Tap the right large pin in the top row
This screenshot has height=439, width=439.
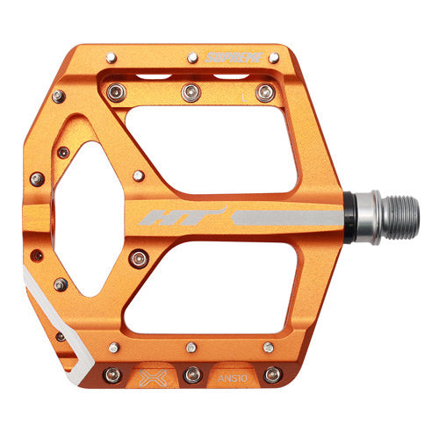[x=263, y=90]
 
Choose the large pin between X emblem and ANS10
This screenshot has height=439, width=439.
[x=191, y=374]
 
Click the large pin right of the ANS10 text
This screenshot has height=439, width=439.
[x=273, y=374]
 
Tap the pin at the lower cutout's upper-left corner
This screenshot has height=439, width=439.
[x=139, y=258]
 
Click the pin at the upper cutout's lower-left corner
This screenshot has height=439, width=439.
[x=139, y=176]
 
